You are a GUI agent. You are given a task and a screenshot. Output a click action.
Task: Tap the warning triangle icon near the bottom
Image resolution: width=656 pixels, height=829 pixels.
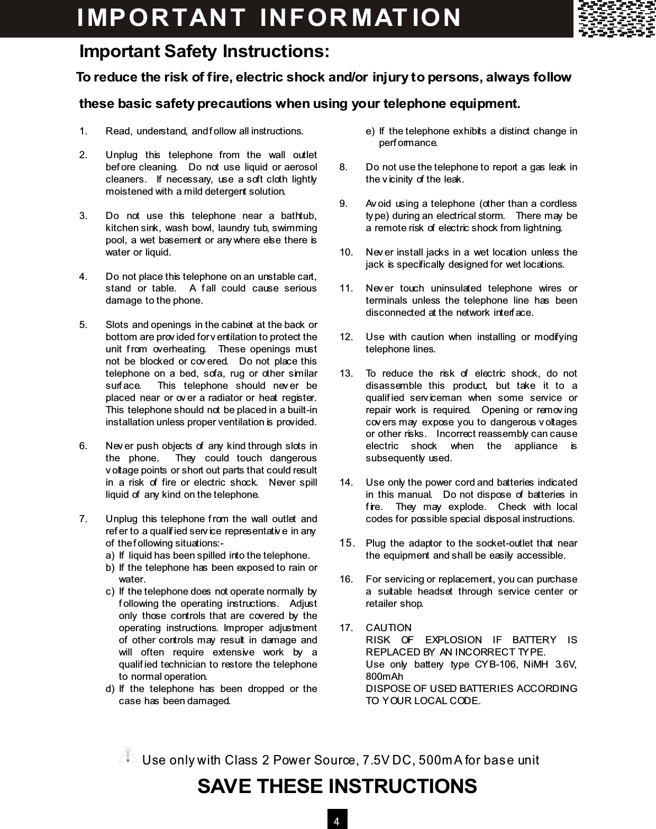click(x=127, y=755)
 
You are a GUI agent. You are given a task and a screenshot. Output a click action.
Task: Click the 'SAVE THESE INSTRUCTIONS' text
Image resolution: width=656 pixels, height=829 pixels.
click(x=337, y=786)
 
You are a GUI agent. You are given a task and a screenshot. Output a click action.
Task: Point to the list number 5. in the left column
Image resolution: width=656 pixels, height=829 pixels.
click(x=84, y=324)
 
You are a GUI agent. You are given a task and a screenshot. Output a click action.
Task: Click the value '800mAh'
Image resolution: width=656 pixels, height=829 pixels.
click(x=384, y=677)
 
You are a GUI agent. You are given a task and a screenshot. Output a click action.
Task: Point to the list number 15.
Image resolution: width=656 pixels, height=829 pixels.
click(x=347, y=543)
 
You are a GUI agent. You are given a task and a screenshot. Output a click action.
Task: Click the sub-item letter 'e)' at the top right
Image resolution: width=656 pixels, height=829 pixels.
click(x=370, y=131)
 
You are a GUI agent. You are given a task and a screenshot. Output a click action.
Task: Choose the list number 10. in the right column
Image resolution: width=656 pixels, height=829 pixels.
click(x=347, y=252)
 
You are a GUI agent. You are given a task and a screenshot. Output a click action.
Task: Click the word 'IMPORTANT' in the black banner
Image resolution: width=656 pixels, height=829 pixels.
click(x=161, y=17)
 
